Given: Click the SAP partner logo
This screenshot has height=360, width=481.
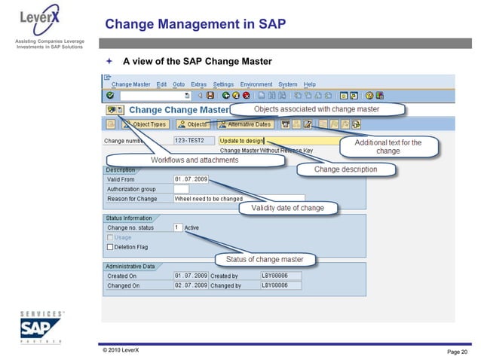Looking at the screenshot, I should pos(41,327).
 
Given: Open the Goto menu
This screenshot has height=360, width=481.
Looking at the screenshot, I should pos(179,84).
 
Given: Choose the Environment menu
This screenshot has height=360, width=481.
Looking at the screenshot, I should pos(257,84).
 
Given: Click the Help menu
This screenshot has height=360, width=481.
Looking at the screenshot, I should pos(310,84).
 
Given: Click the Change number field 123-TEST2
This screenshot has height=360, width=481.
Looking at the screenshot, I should pos(193,140).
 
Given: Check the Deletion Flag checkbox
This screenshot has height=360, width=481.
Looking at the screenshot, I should pos(111,246).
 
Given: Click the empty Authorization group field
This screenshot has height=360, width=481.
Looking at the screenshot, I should pos(181,189).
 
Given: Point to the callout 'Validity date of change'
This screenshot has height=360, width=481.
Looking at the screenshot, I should pos(282,208).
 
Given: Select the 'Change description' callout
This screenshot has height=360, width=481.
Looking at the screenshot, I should pos(346,169).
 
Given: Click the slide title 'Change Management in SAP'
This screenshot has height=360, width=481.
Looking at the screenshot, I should pos(195,24).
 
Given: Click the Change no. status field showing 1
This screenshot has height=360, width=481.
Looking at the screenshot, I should pos(178,227).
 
